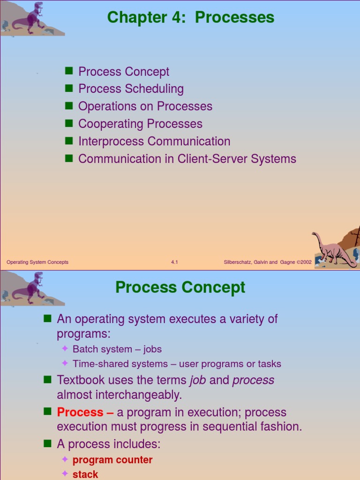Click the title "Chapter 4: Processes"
point(190,18)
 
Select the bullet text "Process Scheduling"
point(131,89)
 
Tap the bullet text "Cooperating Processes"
point(140,124)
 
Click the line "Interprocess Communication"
point(154,141)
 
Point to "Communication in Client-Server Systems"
point(187,159)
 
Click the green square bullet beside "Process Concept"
point(69,71)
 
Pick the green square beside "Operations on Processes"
point(69,106)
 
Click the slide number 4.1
point(174,262)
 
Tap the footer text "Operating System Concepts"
point(37,262)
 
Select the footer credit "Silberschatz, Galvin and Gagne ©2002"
point(268,262)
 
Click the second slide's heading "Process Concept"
point(180,287)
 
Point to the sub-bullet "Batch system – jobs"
point(117,349)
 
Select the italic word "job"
point(198,380)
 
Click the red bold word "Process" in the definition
point(80,412)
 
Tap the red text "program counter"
point(112,460)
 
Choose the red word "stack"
point(85,474)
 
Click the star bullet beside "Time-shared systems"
point(65,363)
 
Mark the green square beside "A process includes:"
point(47,443)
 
